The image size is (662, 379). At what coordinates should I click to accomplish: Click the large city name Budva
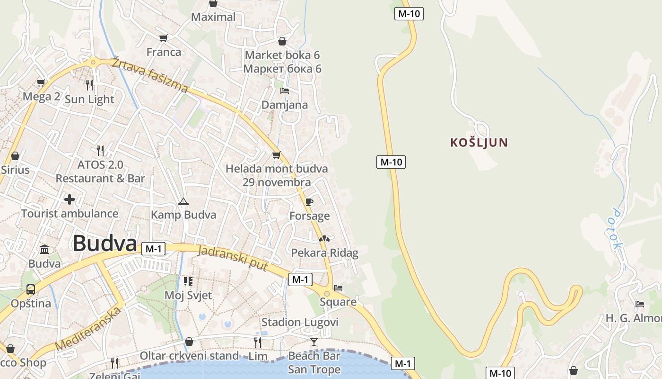(x=105, y=244)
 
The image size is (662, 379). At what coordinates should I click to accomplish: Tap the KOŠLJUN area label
(x=479, y=142)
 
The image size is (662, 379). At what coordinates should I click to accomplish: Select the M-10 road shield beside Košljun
(x=391, y=162)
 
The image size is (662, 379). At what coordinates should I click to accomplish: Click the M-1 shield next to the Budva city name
(x=153, y=249)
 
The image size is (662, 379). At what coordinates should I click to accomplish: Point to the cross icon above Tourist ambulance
(x=70, y=199)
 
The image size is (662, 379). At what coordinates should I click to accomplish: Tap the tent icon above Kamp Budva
(x=183, y=202)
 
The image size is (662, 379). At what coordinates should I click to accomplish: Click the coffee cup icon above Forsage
(x=309, y=202)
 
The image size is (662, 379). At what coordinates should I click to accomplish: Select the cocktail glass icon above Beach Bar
(x=314, y=342)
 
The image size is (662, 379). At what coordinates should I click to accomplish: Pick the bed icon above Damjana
(x=284, y=90)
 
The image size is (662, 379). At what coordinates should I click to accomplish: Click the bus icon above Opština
(x=31, y=289)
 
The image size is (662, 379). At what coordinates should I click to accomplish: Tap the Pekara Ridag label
(x=324, y=253)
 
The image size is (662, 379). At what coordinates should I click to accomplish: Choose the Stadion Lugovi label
(x=300, y=323)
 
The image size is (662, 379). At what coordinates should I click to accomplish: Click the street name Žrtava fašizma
(x=150, y=75)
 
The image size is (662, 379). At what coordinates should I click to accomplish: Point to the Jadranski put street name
(x=233, y=259)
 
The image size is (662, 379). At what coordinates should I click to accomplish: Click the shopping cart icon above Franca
(x=164, y=38)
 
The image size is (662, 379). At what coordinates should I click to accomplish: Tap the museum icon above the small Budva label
(x=44, y=249)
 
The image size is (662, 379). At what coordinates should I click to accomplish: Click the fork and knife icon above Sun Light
(x=89, y=85)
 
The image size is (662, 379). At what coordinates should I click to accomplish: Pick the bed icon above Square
(x=338, y=288)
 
